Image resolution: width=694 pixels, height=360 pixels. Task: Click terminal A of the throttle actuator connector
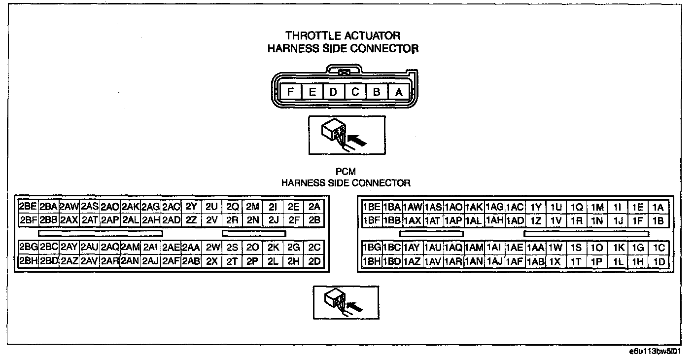(399, 92)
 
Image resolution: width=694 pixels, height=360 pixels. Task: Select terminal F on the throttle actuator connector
(291, 92)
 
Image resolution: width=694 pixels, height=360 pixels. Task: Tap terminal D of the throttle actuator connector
(334, 92)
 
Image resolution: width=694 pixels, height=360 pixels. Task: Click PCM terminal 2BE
(28, 207)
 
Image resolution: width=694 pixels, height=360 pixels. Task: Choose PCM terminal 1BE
(371, 207)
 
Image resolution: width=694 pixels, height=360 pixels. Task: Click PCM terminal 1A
(658, 207)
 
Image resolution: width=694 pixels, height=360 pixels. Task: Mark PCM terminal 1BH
(371, 262)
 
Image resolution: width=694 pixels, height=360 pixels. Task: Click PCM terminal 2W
(212, 248)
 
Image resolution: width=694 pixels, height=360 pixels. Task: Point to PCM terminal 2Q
(232, 207)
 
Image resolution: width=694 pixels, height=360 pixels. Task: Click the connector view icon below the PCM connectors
(346, 302)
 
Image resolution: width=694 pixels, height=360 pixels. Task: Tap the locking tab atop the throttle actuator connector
(345, 72)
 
